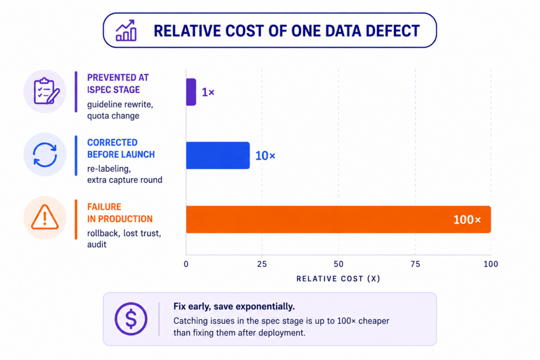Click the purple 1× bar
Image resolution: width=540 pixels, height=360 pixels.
tap(191, 92)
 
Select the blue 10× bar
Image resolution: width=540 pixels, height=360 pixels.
tap(218, 155)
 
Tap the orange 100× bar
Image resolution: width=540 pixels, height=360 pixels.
tap(339, 220)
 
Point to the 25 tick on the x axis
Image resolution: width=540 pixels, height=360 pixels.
tap(262, 264)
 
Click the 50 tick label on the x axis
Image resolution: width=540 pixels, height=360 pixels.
tap(339, 264)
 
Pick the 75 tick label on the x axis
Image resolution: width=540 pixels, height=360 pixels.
tap(416, 264)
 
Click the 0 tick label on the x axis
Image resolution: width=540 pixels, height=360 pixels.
tap(186, 264)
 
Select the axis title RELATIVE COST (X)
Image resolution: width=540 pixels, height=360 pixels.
tap(338, 279)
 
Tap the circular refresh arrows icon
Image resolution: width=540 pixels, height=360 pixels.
tap(45, 155)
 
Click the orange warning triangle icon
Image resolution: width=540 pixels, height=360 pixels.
tap(45, 217)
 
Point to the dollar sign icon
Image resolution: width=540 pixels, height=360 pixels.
tap(131, 319)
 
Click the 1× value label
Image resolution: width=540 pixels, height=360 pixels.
tap(208, 92)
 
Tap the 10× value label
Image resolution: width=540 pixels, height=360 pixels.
tap(265, 155)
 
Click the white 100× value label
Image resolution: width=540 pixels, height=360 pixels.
tap(467, 220)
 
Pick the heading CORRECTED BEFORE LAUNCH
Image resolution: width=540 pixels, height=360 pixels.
tap(121, 148)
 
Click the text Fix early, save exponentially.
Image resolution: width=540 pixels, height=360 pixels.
tap(234, 306)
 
